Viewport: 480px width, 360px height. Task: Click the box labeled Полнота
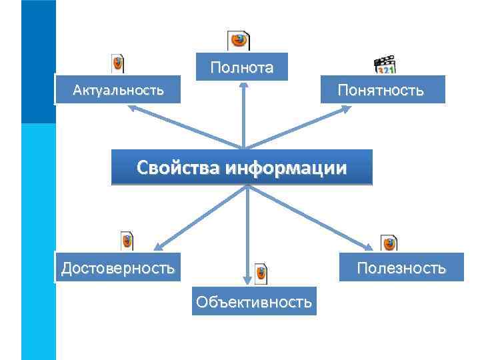coord(241,67)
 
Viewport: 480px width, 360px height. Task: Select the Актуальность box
coord(118,89)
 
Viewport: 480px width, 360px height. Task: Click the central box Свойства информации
coord(241,167)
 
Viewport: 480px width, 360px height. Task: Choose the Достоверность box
coord(118,268)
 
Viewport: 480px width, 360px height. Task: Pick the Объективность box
coord(253,302)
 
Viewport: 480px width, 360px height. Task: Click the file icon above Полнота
coord(239,41)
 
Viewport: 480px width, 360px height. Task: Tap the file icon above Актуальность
coord(117,63)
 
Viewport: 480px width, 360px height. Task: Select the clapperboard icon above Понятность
coord(385,65)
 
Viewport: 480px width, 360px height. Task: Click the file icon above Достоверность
coord(127,241)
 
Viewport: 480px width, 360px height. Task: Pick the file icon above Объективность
coord(261,272)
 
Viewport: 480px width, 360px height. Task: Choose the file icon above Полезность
coord(389,243)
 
